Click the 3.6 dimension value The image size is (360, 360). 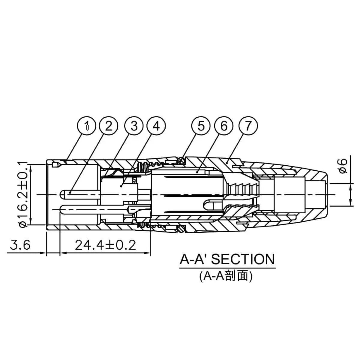20,245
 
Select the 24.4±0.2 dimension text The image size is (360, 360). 105,245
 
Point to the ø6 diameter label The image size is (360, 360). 343,166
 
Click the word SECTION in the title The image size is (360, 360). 243,259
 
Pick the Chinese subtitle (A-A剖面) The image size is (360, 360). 226,276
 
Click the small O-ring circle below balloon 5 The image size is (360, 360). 181,160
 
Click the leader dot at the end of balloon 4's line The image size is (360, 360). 121,186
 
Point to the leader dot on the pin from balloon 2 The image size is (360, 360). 70,192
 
